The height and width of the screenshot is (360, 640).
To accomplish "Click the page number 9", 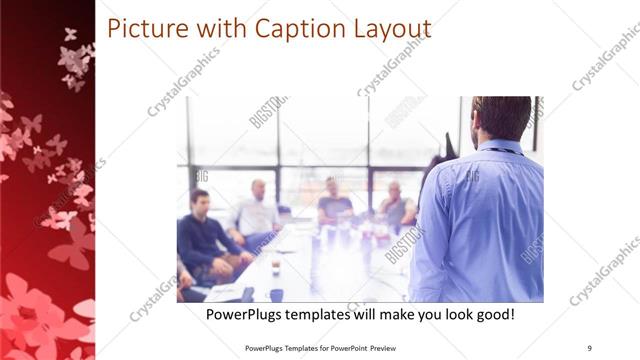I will point(588,347).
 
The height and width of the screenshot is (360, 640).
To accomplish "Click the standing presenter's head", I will point(501,118).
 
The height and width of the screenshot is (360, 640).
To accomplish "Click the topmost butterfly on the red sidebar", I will point(70,34).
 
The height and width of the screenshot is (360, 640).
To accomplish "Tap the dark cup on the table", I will point(276,295).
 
